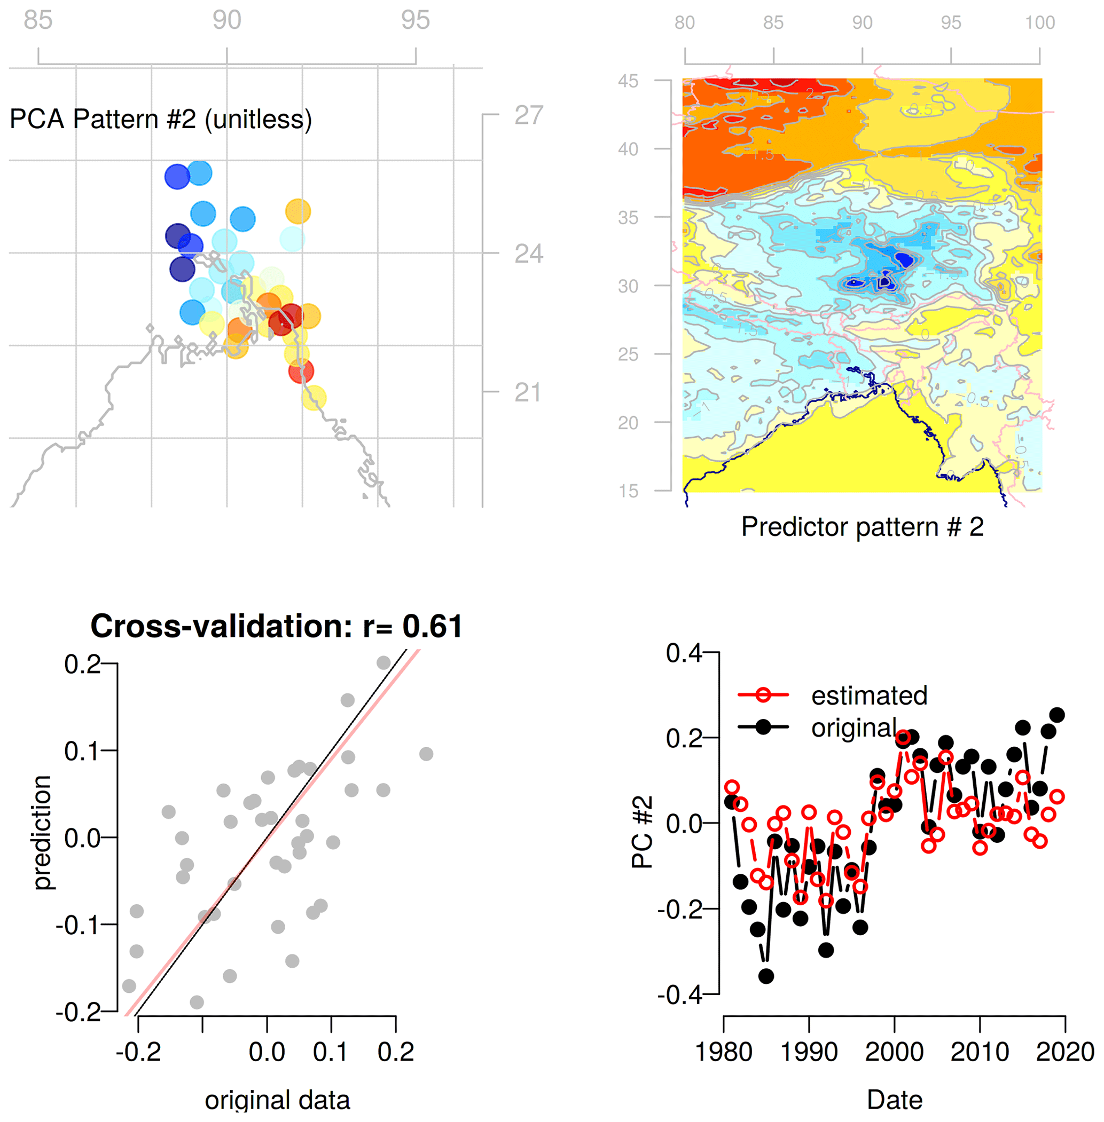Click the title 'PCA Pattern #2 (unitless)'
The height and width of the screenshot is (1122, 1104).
tap(161, 120)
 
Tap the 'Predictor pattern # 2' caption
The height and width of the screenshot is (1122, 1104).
tap(862, 527)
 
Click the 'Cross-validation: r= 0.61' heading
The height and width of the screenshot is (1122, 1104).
tap(277, 627)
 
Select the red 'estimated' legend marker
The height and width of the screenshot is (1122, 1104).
tap(763, 695)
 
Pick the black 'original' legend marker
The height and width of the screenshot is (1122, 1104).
tap(763, 727)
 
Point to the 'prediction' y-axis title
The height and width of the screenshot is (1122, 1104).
tap(42, 832)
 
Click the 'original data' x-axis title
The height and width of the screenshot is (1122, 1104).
tap(277, 1100)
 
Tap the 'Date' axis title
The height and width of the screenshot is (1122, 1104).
tap(894, 1100)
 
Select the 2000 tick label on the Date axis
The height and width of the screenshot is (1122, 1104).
tap(894, 1052)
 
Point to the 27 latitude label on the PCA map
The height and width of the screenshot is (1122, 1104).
tap(528, 115)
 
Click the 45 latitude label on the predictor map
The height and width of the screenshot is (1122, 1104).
tap(628, 81)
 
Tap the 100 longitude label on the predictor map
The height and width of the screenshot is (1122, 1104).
tap(1039, 22)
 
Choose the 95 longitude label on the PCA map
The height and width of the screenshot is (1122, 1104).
tap(415, 20)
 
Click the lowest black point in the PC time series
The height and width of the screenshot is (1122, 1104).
tap(766, 976)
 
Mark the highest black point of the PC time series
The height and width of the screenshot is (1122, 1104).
tap(1057, 715)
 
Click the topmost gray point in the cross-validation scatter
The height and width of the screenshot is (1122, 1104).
tap(383, 662)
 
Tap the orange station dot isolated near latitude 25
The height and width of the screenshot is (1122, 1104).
tap(298, 211)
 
